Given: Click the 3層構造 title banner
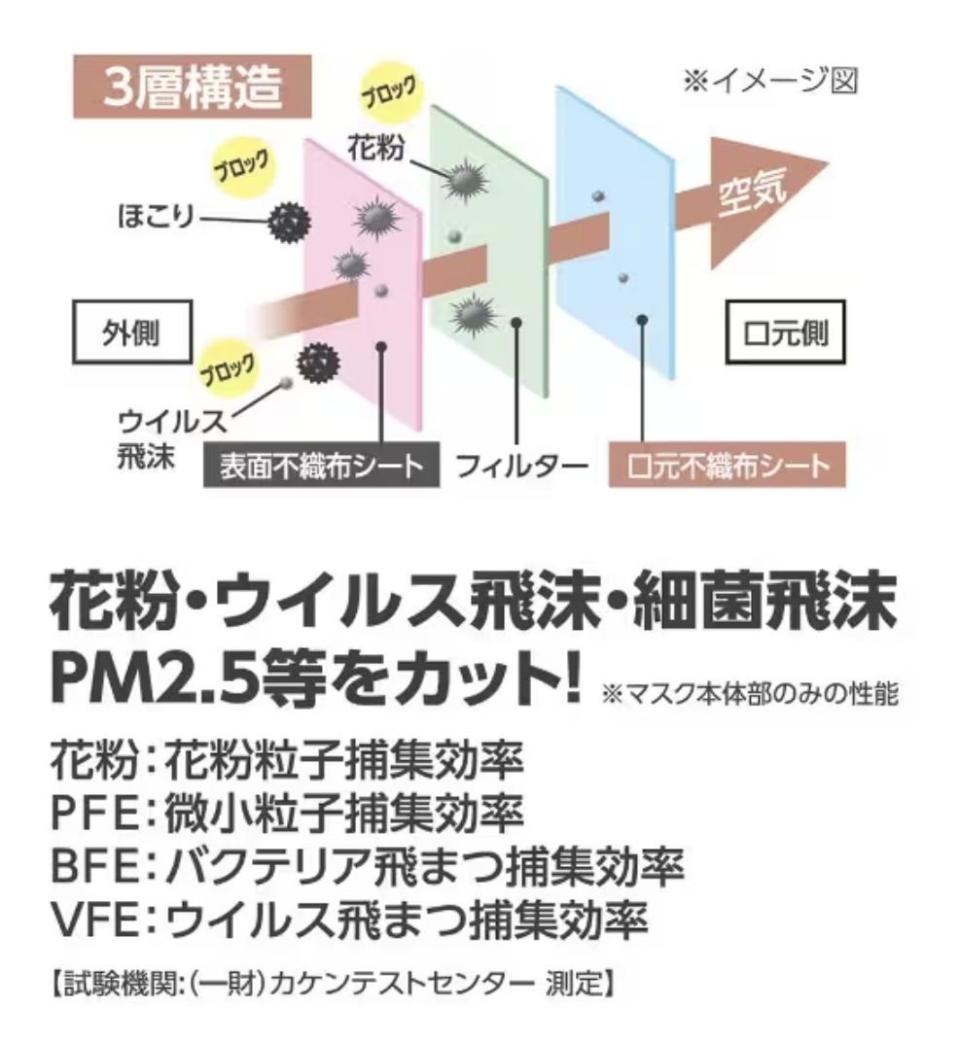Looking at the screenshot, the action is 193,87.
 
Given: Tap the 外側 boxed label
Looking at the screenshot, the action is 132,332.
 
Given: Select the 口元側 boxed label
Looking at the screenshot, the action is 786,332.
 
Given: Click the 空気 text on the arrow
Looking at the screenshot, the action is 753,192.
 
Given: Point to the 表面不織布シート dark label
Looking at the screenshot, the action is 321,466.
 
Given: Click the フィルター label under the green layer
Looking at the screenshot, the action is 522,466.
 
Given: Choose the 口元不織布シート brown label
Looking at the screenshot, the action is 728,466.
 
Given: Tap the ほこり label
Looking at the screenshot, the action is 156,217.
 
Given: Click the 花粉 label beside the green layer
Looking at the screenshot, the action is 375,148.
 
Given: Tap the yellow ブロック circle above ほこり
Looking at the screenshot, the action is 242,166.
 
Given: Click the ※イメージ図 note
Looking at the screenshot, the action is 770,82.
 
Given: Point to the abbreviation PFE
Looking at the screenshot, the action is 94,813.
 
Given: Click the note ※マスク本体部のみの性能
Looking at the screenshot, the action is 750,694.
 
